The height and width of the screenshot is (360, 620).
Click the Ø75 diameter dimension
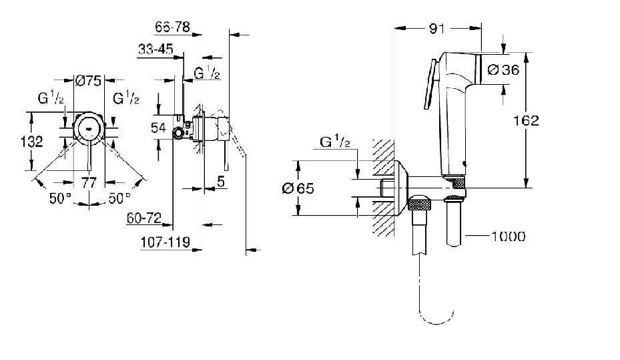pos(88,80)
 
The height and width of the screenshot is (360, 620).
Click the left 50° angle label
pos(61,198)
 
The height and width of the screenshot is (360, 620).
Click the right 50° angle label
pos(119,198)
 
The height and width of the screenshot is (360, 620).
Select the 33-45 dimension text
pos(156,49)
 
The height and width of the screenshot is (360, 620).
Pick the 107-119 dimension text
pos(162,243)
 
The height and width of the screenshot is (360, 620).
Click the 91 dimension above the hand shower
pos(438,29)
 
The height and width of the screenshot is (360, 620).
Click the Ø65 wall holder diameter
pos(297,188)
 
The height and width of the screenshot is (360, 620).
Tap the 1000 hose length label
pos(508,236)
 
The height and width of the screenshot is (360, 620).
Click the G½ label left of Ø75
pos(51,98)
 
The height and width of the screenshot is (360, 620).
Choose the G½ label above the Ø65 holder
pos(336,142)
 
